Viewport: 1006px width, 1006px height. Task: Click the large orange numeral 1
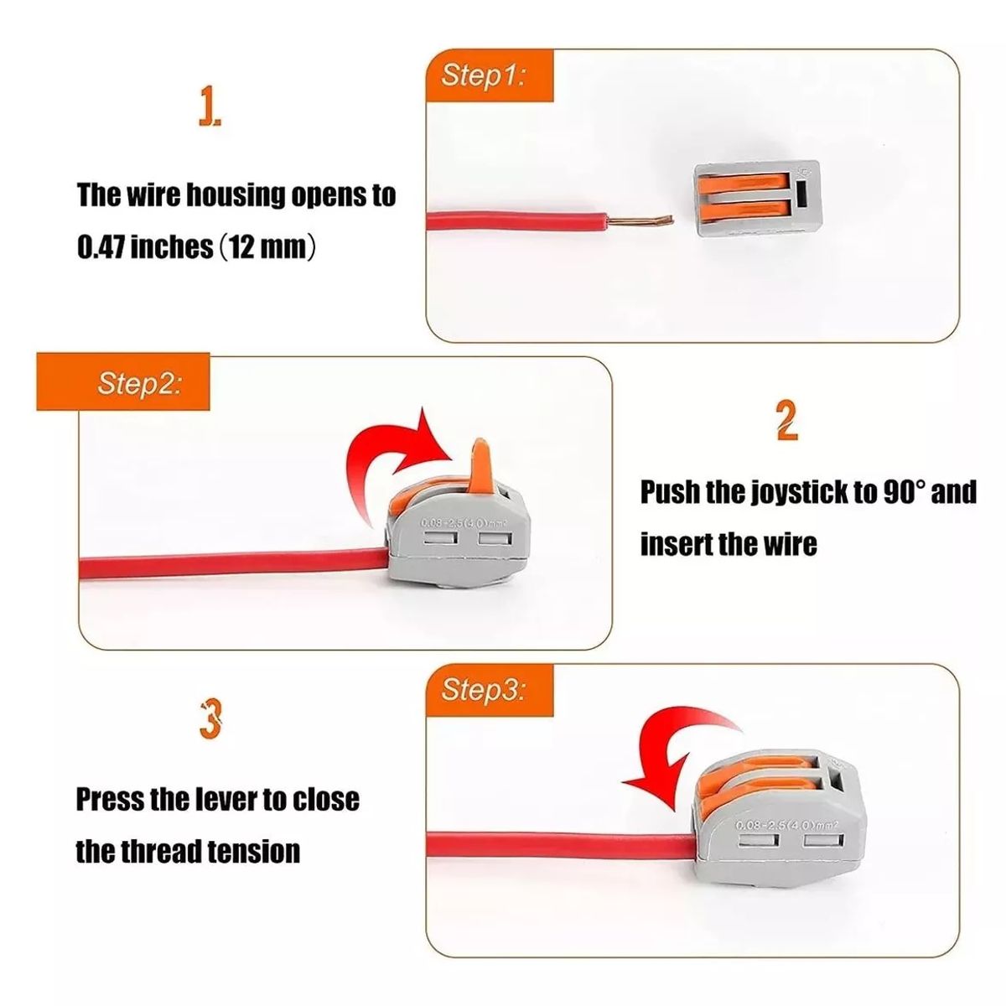tap(210, 109)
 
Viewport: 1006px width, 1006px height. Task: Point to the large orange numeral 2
tap(786, 421)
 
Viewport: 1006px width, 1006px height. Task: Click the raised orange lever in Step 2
tap(480, 464)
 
